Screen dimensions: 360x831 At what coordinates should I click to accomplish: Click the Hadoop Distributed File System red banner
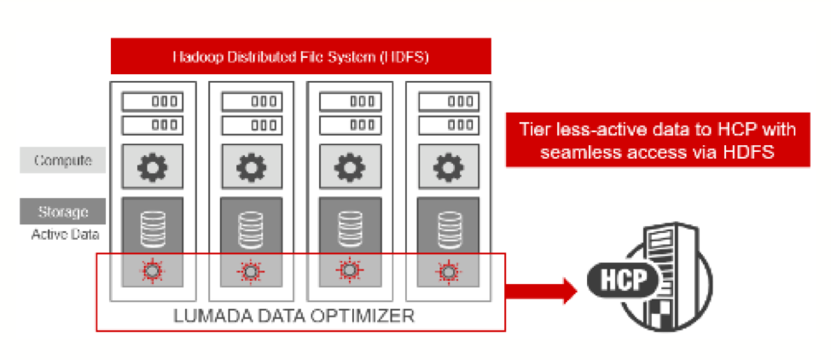[x=301, y=57]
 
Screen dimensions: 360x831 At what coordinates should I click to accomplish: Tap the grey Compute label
[x=64, y=160]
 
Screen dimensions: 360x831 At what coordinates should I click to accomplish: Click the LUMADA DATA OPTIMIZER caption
[x=294, y=316]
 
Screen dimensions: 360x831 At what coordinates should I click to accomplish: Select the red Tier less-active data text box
[x=658, y=140]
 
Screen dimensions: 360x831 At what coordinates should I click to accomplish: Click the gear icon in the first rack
[x=154, y=165]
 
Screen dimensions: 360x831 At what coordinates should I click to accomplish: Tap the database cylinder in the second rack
[x=251, y=226]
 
